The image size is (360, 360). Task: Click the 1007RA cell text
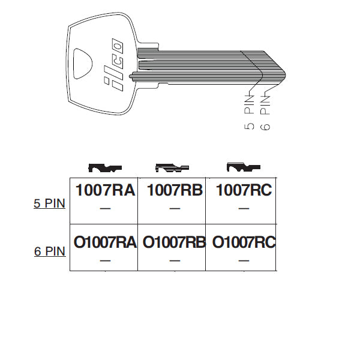(x=105, y=190)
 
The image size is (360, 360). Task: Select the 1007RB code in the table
(x=175, y=190)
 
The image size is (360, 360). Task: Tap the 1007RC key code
(x=244, y=190)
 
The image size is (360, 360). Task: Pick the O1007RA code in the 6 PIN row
(x=105, y=242)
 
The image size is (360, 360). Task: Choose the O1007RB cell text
(x=174, y=242)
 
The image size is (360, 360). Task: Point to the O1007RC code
(x=244, y=242)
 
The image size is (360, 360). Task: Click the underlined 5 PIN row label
(x=49, y=203)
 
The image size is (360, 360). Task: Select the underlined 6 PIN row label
(x=50, y=251)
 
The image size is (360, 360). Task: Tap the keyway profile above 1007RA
(x=105, y=168)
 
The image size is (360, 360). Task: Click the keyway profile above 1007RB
(x=172, y=168)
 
